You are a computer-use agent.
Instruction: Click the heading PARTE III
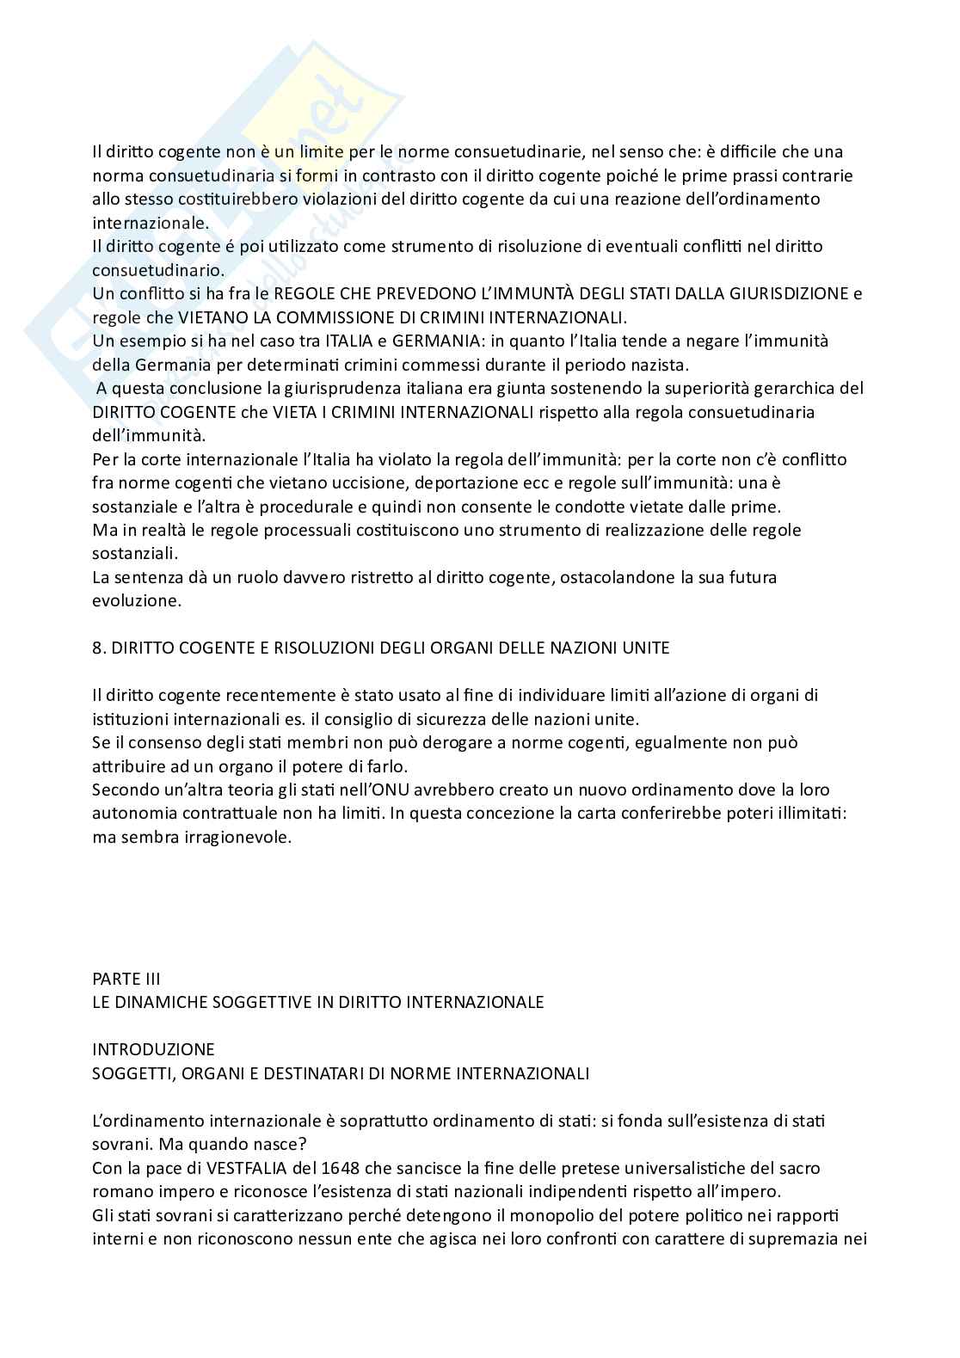[x=126, y=979]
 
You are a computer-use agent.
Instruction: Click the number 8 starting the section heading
[x=96, y=648]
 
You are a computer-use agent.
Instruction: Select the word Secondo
[x=120, y=790]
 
